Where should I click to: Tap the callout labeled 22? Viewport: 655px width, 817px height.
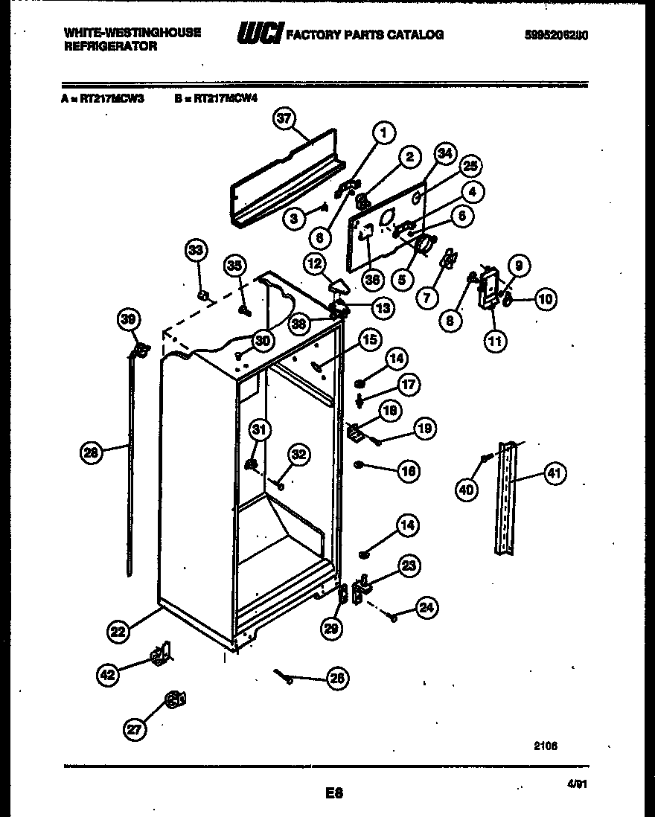click(x=118, y=632)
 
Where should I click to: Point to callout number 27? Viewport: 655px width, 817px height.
click(x=133, y=730)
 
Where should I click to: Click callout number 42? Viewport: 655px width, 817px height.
click(x=108, y=676)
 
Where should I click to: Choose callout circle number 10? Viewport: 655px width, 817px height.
click(x=545, y=300)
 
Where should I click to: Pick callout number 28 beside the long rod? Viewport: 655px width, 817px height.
click(x=90, y=450)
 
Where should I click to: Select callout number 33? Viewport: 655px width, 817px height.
click(x=195, y=251)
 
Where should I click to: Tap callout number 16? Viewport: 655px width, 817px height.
click(x=409, y=470)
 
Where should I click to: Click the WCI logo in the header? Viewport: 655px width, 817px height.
click(x=258, y=34)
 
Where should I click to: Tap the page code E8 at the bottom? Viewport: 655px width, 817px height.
click(x=333, y=792)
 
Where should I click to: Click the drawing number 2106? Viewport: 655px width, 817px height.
click(x=546, y=746)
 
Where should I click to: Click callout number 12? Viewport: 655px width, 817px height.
click(x=313, y=263)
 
